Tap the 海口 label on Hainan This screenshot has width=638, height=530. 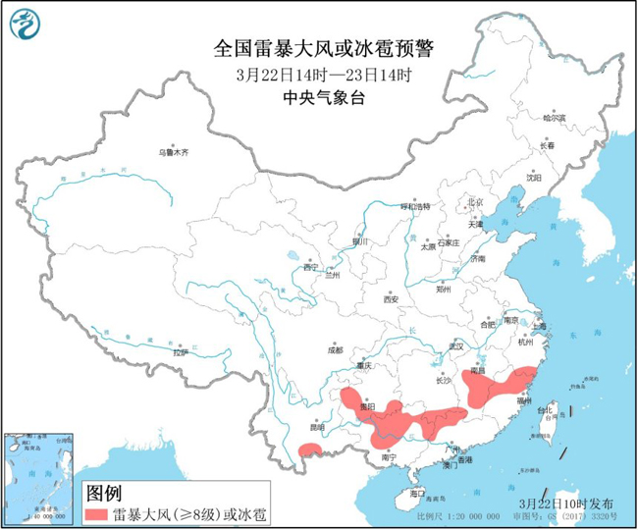tap(417, 492)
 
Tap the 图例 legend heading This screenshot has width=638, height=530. tap(105, 492)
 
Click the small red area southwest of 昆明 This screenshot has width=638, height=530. tap(310, 450)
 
